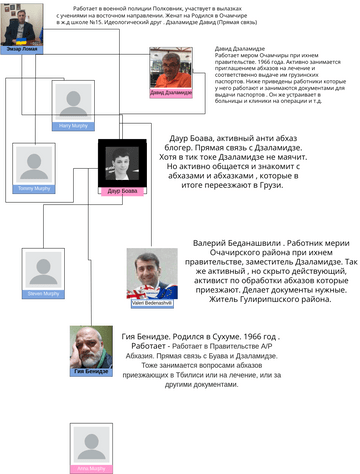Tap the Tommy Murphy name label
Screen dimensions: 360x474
click(x=31, y=188)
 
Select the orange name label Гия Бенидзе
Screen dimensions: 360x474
click(x=92, y=371)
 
